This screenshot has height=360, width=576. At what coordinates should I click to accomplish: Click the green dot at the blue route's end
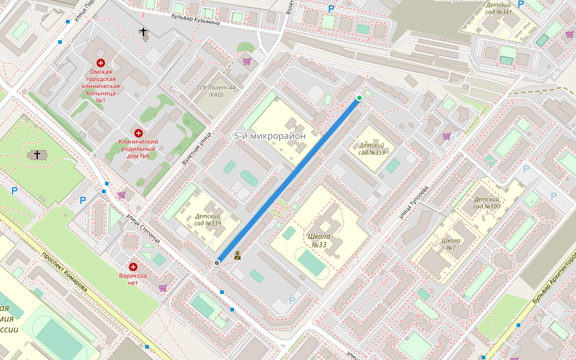[x=359, y=98]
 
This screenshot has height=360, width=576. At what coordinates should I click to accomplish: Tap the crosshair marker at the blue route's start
[x=217, y=262]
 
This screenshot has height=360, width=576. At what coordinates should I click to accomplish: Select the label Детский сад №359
[x=371, y=149]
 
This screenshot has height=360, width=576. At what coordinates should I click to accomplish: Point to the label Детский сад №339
[x=208, y=220]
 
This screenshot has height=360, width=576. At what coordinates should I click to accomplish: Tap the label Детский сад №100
[x=487, y=203]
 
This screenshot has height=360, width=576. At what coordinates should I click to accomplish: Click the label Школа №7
[x=451, y=244]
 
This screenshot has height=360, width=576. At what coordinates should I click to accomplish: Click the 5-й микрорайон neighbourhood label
[x=269, y=136]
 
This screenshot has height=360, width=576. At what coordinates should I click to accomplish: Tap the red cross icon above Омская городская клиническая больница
[x=101, y=63]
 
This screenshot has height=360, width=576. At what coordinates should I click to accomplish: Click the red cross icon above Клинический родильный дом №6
[x=139, y=133]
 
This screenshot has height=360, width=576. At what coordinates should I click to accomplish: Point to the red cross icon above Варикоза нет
[x=133, y=266]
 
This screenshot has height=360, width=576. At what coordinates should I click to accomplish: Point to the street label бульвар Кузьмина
[x=196, y=20]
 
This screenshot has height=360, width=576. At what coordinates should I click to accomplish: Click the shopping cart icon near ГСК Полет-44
[x=246, y=61]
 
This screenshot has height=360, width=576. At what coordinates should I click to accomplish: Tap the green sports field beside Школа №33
[x=312, y=263]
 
